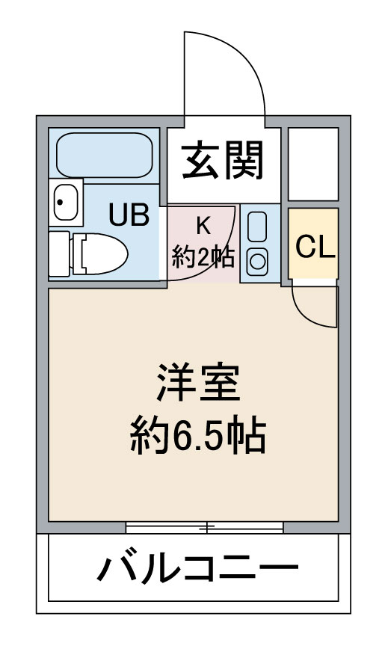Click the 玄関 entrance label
[223, 160]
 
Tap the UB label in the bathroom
[129, 215]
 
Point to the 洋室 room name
[198, 382]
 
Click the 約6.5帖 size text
[198, 435]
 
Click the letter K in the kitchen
[203, 226]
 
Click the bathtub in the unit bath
[104, 155]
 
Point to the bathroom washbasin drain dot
[60, 203]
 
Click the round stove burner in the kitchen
[258, 261]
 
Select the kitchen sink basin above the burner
[257, 227]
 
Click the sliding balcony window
[204, 527]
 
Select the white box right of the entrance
[313, 164]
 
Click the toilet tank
[59, 253]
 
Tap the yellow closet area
[313, 244]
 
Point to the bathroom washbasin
[66, 203]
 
